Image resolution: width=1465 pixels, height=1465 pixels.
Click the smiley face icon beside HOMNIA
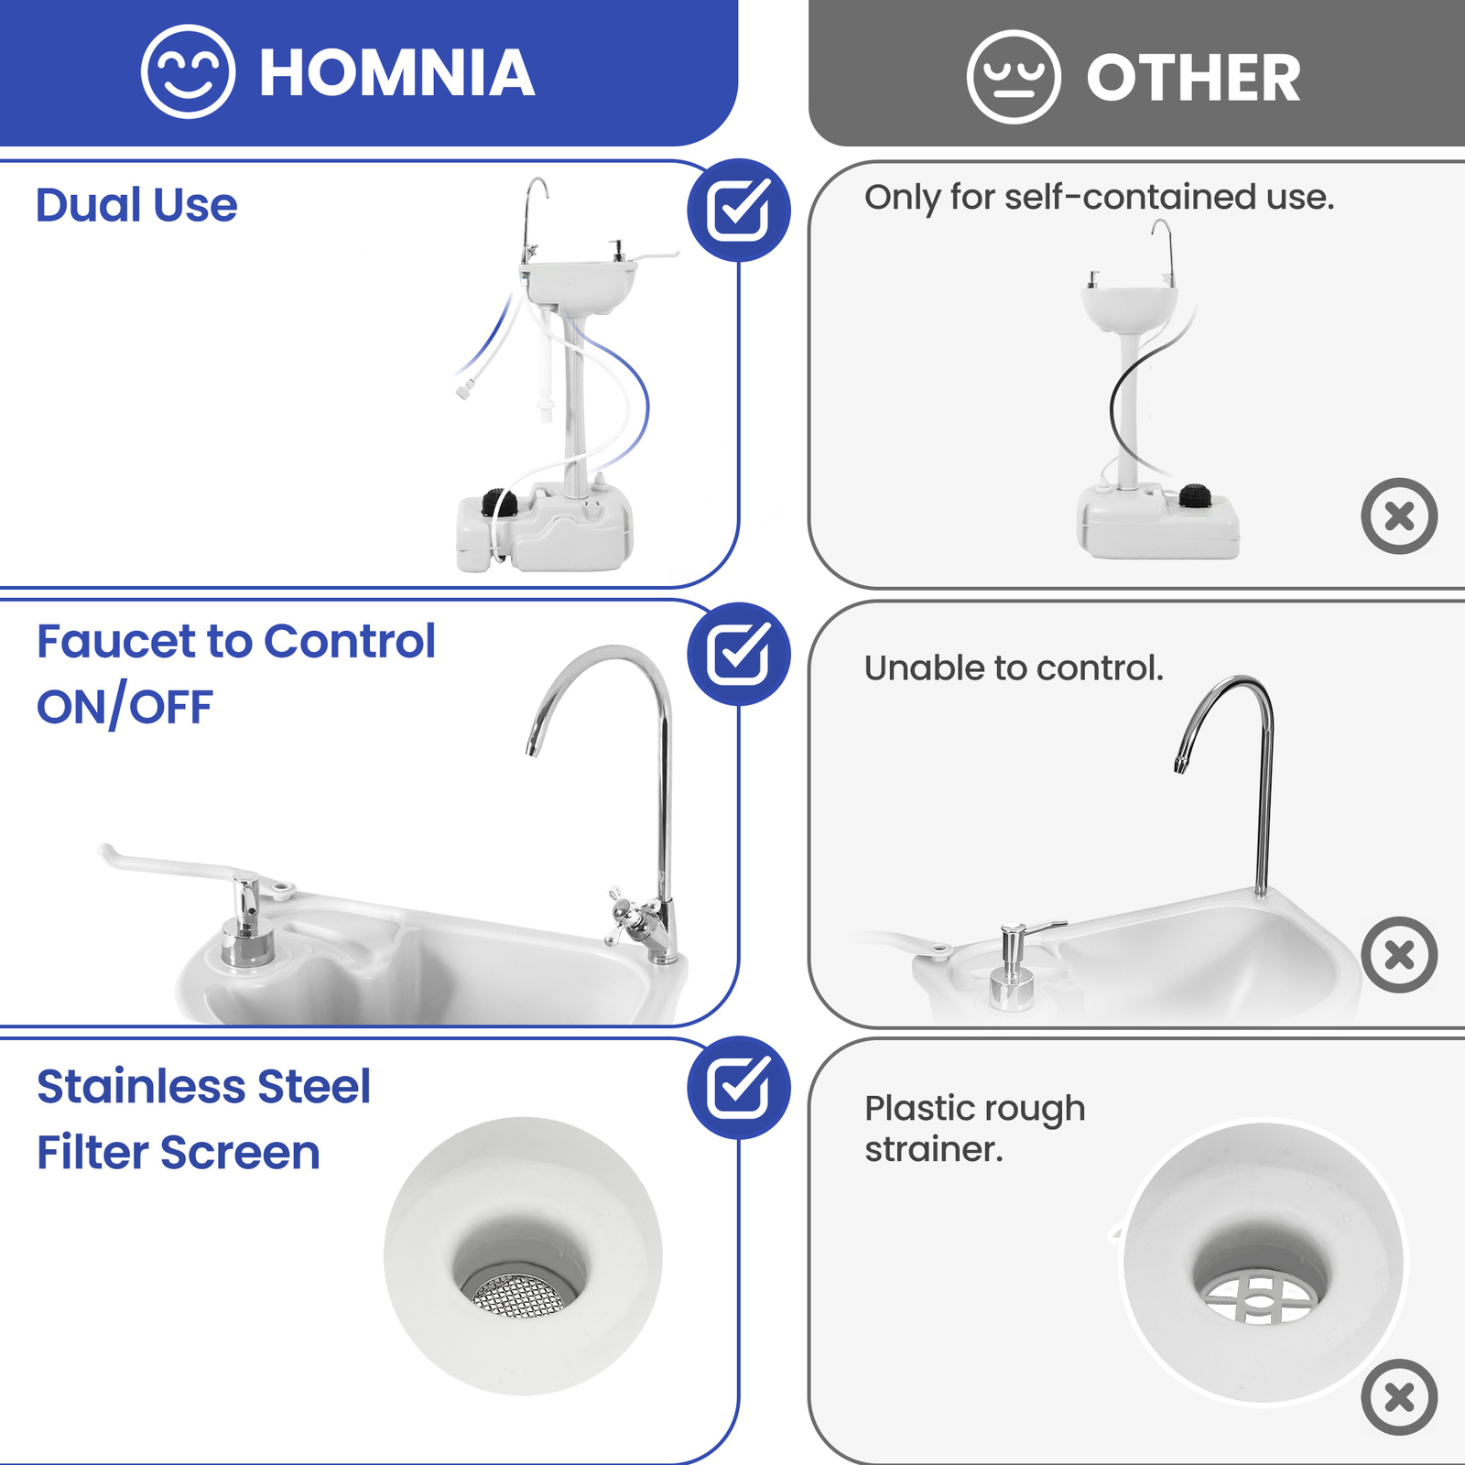[x=188, y=71]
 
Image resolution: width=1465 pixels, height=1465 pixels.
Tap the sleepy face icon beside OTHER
[x=1014, y=77]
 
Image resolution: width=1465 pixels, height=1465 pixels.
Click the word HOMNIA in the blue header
[x=396, y=73]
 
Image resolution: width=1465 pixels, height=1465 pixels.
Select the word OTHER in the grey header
[x=1193, y=78]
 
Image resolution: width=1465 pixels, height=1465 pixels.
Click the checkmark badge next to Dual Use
[x=739, y=210]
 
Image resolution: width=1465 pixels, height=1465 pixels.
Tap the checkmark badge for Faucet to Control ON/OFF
[x=739, y=654]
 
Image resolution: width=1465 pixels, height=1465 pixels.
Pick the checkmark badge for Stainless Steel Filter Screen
[x=739, y=1088]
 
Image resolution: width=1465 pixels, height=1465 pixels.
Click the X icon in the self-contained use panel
[x=1399, y=515]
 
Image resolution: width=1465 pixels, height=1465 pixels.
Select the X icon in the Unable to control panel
[x=1399, y=955]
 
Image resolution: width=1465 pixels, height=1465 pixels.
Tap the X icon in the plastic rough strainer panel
[x=1399, y=1397]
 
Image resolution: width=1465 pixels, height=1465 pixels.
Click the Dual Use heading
[x=136, y=205]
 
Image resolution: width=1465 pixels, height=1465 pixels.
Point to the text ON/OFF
[x=125, y=708]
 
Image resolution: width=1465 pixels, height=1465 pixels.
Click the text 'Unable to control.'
[x=1014, y=667]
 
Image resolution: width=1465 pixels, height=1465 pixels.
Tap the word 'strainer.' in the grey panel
[x=934, y=1149]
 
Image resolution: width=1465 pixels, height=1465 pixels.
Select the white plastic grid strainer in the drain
[x=1260, y=1297]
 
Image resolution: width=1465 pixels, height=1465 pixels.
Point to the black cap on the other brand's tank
[x=1196, y=495]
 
